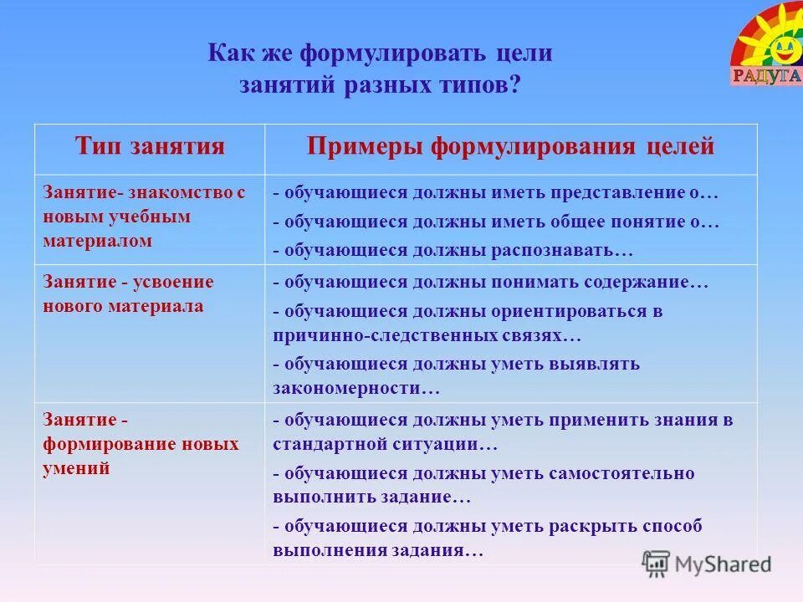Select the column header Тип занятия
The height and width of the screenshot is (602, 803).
click(150, 146)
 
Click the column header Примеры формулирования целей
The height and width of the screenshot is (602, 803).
click(510, 146)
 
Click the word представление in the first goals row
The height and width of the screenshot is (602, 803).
click(617, 193)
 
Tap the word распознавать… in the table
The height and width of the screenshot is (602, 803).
click(569, 250)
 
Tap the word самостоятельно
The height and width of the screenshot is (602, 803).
click(621, 473)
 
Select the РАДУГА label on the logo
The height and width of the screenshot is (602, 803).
click(766, 77)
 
